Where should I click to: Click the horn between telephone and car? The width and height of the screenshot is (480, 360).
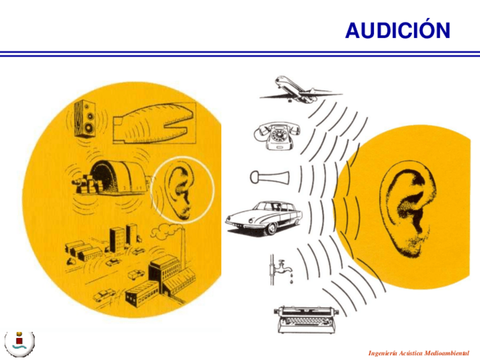(x=269, y=177)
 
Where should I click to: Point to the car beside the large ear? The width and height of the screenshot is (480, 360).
(x=264, y=217)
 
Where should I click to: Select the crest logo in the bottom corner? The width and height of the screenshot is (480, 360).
(x=20, y=341)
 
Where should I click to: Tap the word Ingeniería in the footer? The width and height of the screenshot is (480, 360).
(x=382, y=352)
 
